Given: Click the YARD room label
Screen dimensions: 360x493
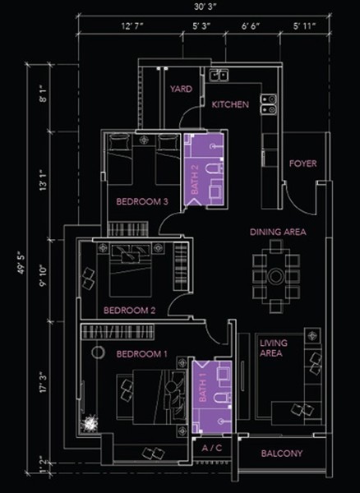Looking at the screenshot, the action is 181,89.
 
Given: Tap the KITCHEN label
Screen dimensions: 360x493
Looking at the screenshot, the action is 230,104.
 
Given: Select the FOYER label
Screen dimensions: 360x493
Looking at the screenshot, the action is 303,164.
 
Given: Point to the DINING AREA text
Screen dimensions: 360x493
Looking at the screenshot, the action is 278,232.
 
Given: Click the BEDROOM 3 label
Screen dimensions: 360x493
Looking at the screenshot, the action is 142,201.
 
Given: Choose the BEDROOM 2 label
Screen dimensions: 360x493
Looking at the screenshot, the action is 130,311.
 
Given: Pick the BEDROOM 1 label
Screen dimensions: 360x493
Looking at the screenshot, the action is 142,354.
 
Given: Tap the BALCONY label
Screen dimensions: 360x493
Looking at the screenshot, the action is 282,454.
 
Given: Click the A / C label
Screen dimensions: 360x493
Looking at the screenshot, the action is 212,448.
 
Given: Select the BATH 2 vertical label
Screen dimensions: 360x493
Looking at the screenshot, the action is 195,179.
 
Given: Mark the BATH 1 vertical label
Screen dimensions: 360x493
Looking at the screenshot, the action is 203,387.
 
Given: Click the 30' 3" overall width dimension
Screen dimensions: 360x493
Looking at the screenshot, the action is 205,7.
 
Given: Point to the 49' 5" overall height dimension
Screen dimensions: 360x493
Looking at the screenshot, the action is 21,262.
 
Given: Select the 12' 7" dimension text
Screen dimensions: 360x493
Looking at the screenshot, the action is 132,25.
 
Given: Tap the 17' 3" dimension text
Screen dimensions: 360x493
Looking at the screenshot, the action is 43,382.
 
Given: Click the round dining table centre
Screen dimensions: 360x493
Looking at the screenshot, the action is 276,276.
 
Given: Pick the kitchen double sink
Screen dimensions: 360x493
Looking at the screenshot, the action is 219,76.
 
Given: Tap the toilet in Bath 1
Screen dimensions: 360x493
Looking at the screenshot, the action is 222,398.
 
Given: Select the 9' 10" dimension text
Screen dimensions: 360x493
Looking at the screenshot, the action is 43,276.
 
